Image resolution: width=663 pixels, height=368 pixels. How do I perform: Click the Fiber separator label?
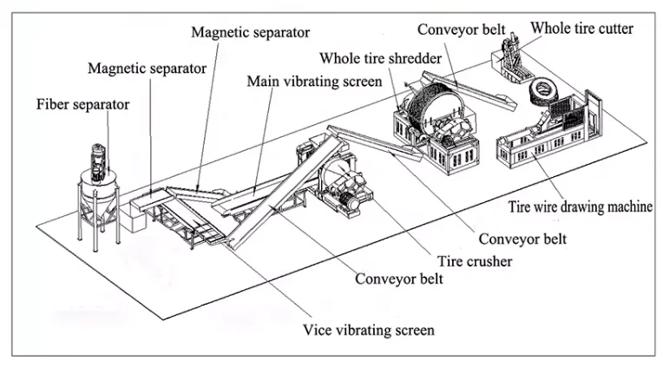[x=83, y=104]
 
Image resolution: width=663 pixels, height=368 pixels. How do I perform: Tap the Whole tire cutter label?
[x=581, y=29]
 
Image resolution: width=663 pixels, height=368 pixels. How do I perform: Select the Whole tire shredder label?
[x=381, y=58]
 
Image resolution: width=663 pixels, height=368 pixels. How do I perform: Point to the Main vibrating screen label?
[x=315, y=82]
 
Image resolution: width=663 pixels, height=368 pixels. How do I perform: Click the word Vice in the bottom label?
[x=317, y=330]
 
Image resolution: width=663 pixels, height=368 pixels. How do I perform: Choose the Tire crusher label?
[x=475, y=261]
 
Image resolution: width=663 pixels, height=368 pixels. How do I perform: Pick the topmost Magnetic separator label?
[x=250, y=32]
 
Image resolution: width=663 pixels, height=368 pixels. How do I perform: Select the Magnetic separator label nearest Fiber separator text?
[x=148, y=68]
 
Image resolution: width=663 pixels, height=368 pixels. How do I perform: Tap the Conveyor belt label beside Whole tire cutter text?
[x=462, y=30]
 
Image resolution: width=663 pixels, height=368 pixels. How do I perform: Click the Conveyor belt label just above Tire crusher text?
[x=522, y=239]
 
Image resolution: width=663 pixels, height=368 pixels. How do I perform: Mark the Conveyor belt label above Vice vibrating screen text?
[x=399, y=279]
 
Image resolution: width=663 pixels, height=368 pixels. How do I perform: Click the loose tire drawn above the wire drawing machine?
[x=543, y=92]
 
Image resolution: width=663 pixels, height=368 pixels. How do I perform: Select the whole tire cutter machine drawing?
[x=513, y=58]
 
